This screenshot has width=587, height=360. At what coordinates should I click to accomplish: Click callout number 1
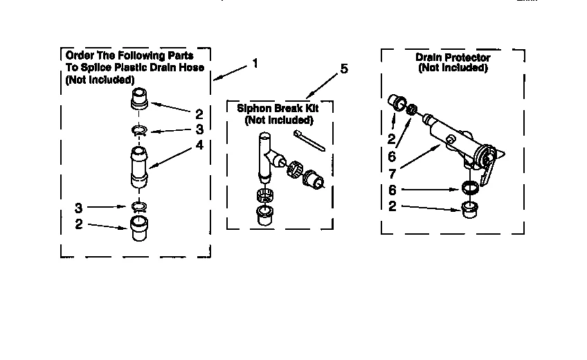[x=255, y=63]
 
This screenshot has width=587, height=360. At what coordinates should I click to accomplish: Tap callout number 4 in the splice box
[x=199, y=145]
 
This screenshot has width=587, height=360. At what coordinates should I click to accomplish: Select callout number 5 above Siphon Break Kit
[x=345, y=69]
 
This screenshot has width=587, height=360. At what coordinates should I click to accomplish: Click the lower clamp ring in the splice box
[x=140, y=206]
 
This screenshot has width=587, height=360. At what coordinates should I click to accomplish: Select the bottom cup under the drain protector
[x=471, y=208]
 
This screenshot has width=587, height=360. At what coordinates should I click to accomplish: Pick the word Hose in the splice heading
[x=190, y=67]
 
